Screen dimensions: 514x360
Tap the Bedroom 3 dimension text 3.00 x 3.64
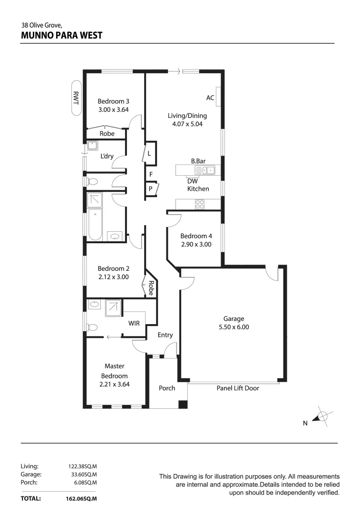(x=113, y=109)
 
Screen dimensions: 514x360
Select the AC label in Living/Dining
(x=210, y=98)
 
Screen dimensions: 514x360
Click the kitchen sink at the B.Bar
(x=208, y=170)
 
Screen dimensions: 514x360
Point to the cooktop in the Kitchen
(x=200, y=205)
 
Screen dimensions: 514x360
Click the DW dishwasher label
(x=192, y=181)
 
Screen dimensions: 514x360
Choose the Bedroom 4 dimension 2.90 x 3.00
(x=196, y=244)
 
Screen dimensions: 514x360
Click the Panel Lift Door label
(x=238, y=388)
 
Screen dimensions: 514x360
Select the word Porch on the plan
(x=167, y=388)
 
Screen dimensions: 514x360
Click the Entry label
(x=165, y=335)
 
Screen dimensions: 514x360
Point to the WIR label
(x=134, y=324)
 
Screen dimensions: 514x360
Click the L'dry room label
(x=107, y=157)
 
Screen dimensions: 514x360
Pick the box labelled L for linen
(x=150, y=154)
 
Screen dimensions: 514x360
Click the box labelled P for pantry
(x=150, y=188)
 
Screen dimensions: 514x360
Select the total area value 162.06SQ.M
(x=81, y=499)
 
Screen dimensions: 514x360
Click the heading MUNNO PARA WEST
(x=62, y=35)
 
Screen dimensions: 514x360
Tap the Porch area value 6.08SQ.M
(x=86, y=482)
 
